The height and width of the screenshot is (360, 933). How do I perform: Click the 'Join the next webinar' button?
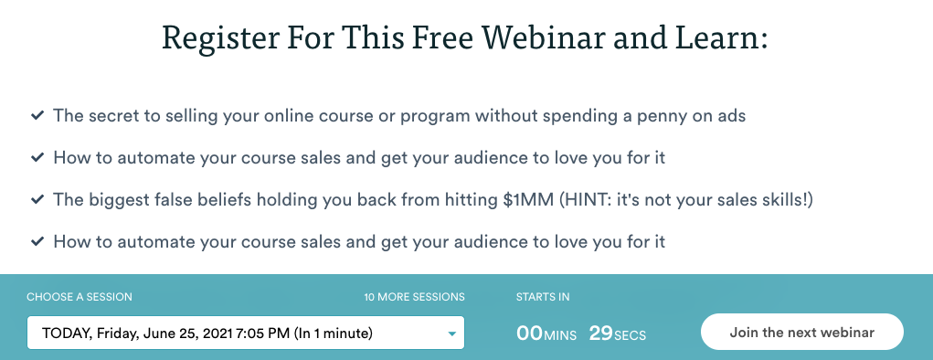(801, 333)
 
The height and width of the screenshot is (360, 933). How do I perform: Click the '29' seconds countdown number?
(600, 334)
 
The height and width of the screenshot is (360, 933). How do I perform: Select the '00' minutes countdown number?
(529, 334)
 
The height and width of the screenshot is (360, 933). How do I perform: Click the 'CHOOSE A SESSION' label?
(80, 297)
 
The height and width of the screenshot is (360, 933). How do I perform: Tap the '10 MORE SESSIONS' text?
(414, 297)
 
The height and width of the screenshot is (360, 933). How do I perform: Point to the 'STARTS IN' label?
(543, 297)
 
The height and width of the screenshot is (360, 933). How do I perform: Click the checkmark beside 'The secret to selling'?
(37, 116)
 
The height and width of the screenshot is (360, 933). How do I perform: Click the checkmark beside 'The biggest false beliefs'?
(37, 200)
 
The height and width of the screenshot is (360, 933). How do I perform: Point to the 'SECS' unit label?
(631, 335)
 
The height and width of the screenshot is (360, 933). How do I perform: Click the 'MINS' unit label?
(561, 335)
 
